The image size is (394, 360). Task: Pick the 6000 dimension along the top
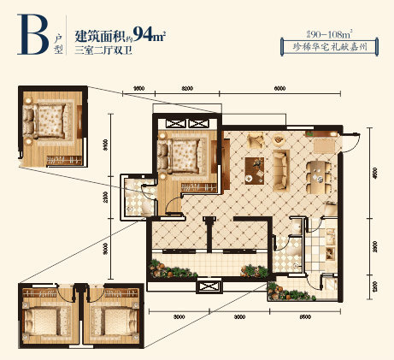(279, 88)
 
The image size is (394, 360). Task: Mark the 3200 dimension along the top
(188, 88)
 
